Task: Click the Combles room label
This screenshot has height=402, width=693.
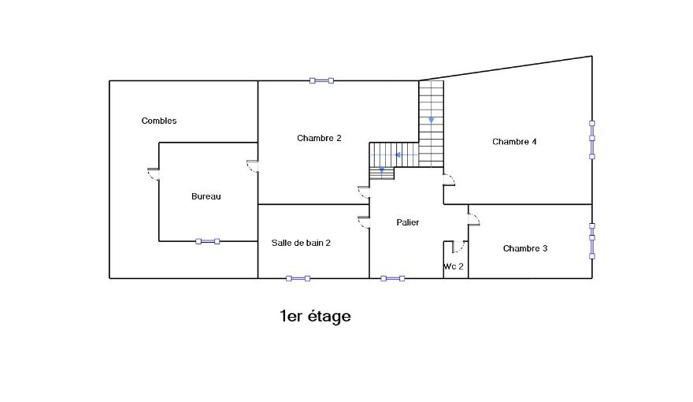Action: coord(159,121)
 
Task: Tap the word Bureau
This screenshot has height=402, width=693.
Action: coord(206,196)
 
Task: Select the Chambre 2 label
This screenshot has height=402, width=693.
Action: coord(319,138)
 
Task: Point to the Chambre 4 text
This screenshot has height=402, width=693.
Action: coord(514,142)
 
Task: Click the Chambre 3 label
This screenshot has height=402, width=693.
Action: coord(525,248)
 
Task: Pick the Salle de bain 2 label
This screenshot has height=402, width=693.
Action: coord(301,243)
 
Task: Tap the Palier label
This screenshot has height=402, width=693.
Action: coord(408,222)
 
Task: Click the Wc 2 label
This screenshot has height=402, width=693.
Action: coord(454,266)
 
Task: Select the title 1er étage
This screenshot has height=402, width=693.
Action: coord(315,316)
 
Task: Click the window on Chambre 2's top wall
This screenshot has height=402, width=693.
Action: coord(321,80)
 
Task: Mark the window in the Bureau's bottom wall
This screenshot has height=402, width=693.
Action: coord(208,241)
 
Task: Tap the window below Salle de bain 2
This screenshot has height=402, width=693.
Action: coord(298,278)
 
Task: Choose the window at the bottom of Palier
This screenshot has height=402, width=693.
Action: coord(392,278)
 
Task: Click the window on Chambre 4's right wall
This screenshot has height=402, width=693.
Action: coord(592,140)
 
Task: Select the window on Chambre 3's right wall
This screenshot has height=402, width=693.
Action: coord(592,241)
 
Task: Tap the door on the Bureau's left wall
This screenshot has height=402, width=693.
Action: coord(153,174)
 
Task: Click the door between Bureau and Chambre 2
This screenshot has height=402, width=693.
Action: coord(253,166)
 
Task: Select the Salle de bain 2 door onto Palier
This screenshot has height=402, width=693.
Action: coord(364,222)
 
